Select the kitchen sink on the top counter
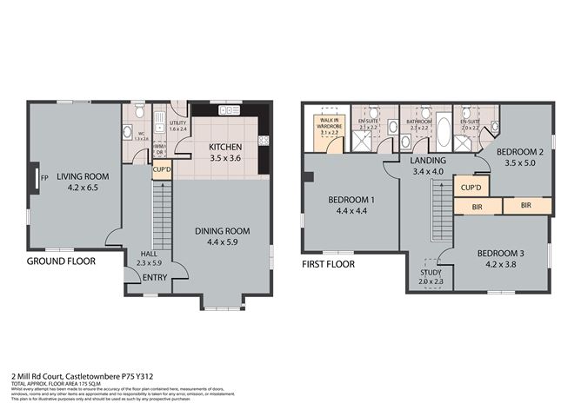click(x=230, y=110)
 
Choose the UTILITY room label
click(x=177, y=123)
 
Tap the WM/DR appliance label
click(x=160, y=148)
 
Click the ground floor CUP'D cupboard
click(x=162, y=170)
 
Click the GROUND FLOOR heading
click(x=63, y=261)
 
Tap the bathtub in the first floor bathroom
click(x=444, y=132)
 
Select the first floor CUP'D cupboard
click(x=471, y=187)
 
